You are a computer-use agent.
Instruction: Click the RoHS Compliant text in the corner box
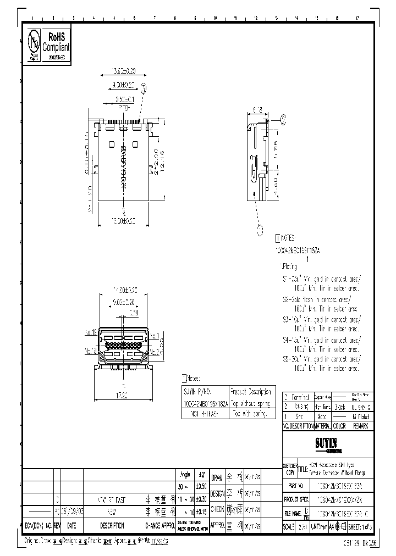click(57, 42)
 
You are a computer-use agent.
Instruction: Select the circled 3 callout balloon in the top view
click(144, 87)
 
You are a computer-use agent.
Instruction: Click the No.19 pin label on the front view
click(91, 332)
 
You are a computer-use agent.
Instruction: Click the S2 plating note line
click(319, 300)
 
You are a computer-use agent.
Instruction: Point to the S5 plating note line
click(319, 359)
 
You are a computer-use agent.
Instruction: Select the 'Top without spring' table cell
click(251, 402)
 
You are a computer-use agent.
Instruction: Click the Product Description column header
click(250, 392)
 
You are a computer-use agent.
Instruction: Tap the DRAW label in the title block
click(217, 477)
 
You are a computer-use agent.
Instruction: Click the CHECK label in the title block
click(217, 509)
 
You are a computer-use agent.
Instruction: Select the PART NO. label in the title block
click(295, 486)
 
